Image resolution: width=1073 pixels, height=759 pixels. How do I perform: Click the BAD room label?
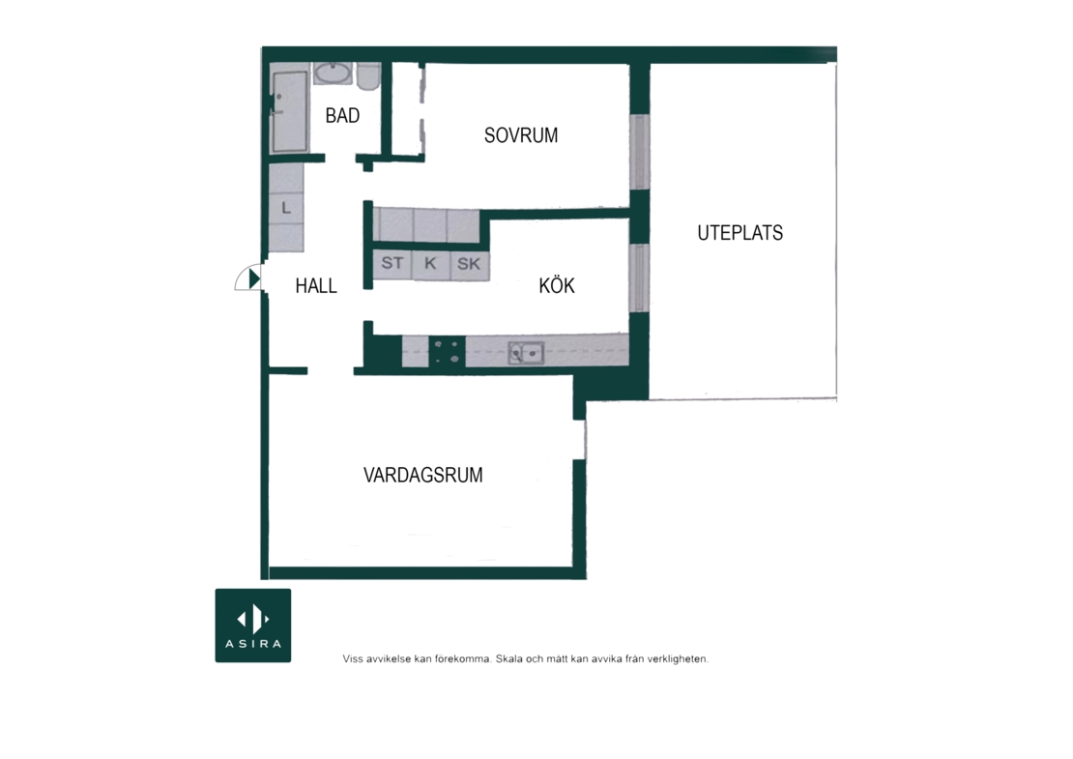[342, 116]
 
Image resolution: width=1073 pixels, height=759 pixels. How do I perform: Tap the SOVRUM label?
[521, 135]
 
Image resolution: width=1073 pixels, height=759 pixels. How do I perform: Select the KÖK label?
[557, 284]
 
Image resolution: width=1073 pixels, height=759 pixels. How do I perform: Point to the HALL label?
[315, 285]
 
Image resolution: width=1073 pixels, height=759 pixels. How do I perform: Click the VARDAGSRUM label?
[422, 475]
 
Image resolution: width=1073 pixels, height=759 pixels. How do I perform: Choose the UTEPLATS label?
[739, 233]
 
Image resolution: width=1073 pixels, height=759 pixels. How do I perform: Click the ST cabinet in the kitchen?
[392, 264]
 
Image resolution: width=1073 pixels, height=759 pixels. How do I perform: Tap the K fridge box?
[430, 264]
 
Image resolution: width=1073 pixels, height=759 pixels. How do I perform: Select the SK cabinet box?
[470, 264]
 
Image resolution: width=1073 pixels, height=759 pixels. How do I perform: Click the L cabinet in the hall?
[286, 208]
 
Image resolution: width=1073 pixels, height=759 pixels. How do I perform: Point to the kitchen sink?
[526, 353]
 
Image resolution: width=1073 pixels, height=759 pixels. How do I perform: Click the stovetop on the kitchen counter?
[447, 352]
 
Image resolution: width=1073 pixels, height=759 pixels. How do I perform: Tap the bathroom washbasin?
[333, 72]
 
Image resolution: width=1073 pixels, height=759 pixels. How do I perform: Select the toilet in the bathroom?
[369, 76]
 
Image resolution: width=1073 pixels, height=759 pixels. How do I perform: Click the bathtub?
[289, 111]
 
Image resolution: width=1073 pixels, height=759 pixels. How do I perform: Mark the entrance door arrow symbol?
[254, 278]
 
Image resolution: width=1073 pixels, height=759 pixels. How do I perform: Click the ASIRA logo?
[253, 626]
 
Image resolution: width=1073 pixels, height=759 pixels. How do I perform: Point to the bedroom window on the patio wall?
[639, 152]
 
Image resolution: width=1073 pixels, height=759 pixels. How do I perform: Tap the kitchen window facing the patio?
[639, 277]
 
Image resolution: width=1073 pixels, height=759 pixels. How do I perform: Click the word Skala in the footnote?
[509, 659]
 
